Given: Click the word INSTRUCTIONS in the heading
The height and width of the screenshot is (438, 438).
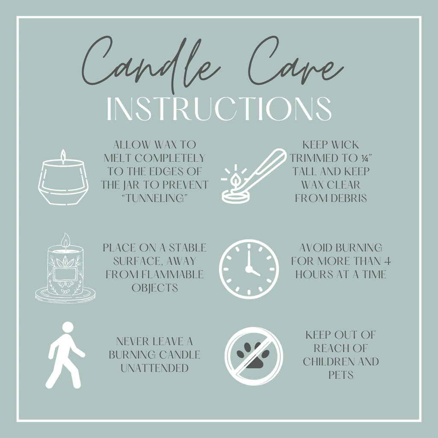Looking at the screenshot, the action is tap(219, 109).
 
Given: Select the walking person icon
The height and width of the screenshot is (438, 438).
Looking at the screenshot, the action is tap(65, 355).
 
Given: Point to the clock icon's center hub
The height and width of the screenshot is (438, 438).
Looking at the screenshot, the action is tap(249, 269).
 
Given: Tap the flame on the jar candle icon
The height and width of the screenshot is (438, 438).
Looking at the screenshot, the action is tap(63, 157).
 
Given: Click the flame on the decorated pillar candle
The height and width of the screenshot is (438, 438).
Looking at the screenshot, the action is tap(65, 240).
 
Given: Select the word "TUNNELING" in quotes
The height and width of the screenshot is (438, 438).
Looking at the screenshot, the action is tap(154, 198).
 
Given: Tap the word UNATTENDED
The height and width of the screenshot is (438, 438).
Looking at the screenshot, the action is tap(154, 368).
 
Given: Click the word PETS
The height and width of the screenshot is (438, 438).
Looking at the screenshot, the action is tap(341, 375).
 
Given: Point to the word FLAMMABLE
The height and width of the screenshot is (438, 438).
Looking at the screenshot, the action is tap(173, 274).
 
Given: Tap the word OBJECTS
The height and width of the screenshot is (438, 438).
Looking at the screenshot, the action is tap(154, 288).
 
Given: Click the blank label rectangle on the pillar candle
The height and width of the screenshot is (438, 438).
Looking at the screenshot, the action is tap(65, 274).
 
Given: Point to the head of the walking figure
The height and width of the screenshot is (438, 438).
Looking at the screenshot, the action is tap(68, 327).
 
